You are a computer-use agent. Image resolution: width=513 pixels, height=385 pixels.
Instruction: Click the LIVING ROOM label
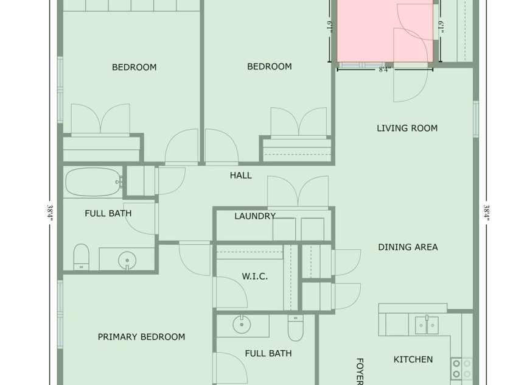point(407,128)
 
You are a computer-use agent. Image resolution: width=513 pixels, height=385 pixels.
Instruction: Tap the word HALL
point(240,175)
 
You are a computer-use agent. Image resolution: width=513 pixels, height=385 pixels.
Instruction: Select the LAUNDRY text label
point(254,216)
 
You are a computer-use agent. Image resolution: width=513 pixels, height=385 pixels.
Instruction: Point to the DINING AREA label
point(408,247)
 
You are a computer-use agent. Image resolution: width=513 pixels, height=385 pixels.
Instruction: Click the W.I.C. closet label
point(254,277)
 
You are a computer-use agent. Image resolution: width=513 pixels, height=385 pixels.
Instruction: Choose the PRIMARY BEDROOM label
point(141,337)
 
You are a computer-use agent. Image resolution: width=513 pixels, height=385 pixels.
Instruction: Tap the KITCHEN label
point(413,359)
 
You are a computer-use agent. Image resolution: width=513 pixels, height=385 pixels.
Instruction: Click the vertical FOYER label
point(359,370)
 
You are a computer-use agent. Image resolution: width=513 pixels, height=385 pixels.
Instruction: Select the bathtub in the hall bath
point(92,182)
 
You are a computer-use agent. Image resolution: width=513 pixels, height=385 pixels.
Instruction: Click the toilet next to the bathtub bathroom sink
point(82,256)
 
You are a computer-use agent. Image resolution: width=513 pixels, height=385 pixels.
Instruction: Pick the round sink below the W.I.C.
point(242,325)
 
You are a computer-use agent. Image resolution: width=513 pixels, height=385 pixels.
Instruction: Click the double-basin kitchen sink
point(426,325)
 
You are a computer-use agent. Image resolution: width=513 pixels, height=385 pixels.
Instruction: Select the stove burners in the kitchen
point(461,369)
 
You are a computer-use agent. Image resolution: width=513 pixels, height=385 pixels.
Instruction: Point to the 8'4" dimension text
point(385,70)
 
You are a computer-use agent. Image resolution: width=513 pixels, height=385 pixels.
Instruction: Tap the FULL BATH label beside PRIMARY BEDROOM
point(268,353)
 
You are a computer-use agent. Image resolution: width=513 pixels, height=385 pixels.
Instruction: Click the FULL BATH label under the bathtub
point(108,214)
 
